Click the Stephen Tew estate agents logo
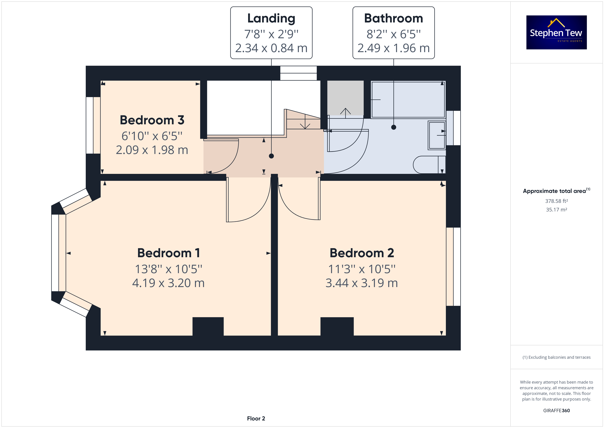point(556,32)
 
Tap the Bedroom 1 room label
point(168,253)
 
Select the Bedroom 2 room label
point(362,253)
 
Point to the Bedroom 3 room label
point(152,120)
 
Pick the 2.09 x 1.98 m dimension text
point(152,150)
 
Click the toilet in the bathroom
point(429,165)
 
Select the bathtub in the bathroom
point(408,100)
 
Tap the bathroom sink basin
point(437,135)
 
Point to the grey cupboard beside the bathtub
point(345,98)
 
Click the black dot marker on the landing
point(271,156)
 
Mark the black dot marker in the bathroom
point(394,127)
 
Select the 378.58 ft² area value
point(556,201)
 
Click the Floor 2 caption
point(256,419)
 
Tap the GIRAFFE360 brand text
point(556,411)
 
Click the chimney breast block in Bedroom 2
point(337,326)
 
